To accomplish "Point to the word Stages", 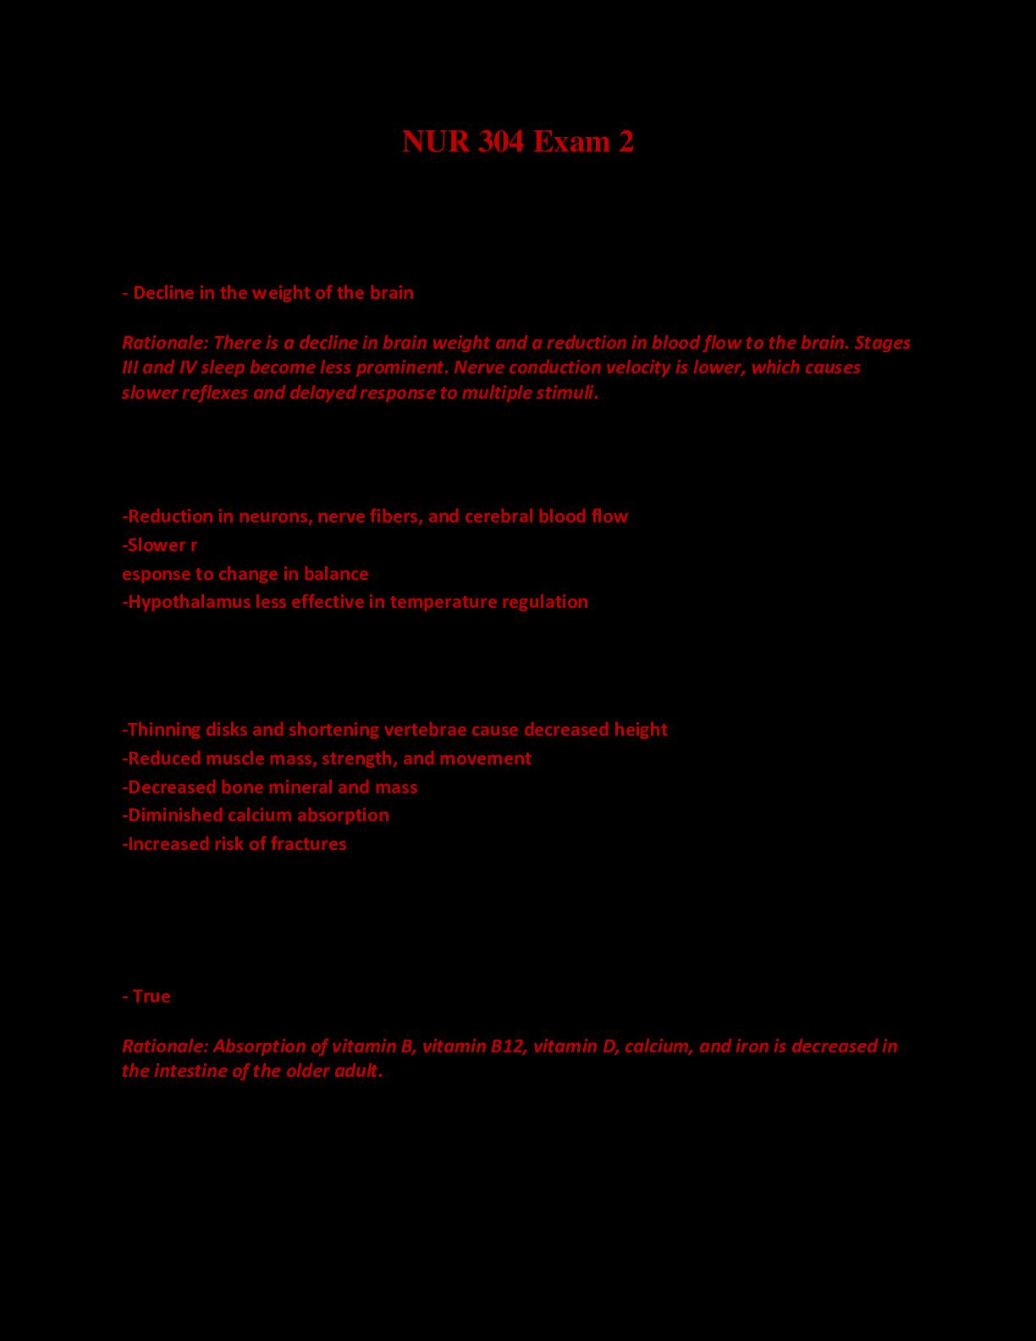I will point(882,342).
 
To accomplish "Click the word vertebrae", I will point(425,730).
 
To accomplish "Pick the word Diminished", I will point(174,815).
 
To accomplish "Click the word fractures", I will point(308,844).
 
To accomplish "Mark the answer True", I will point(152,996).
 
